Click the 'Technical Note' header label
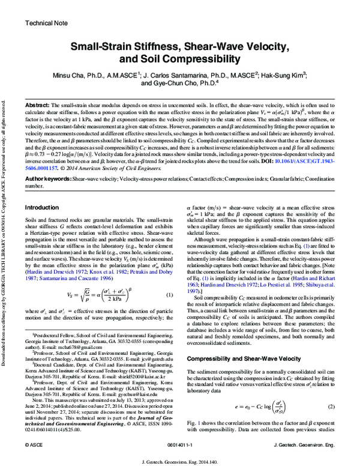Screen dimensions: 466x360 point(46,23)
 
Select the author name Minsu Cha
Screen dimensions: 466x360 point(97,74)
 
